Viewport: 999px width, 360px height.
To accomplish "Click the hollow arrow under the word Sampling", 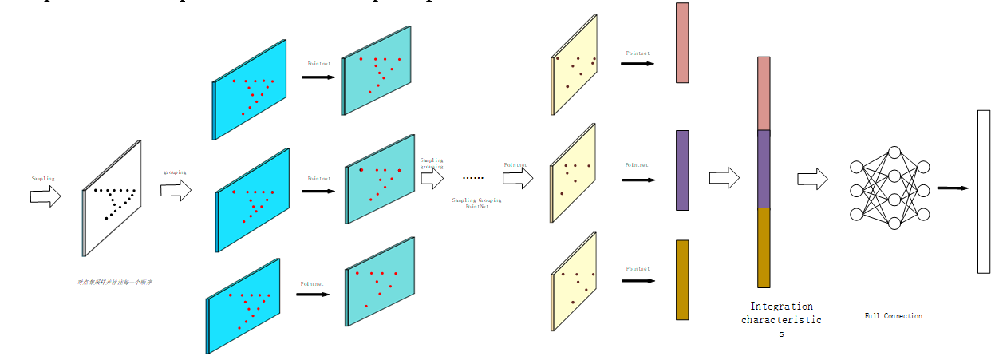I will coord(45,196).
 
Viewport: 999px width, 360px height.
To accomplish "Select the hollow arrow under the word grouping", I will coord(176,190).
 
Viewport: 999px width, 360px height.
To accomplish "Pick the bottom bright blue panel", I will coord(243,306).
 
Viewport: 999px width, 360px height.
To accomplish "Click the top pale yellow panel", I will coord(574,65).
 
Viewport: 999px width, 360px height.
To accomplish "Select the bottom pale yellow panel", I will coord(574,282).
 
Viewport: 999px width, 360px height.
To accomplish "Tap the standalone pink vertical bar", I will coord(682,43).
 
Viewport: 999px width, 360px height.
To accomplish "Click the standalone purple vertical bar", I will coord(682,170).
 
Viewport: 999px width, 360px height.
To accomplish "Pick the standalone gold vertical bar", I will coord(682,279).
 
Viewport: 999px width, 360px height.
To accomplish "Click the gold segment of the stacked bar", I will coord(764,247).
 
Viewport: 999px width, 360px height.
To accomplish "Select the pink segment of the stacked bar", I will coord(764,93).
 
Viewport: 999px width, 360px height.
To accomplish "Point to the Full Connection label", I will coord(893,316).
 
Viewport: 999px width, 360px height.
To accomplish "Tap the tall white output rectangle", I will coord(983,192).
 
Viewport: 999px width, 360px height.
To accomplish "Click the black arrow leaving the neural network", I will coord(953,188).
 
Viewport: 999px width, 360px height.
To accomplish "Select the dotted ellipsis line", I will coord(473,178).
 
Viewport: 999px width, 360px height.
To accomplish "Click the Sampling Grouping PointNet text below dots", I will coord(476,203).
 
